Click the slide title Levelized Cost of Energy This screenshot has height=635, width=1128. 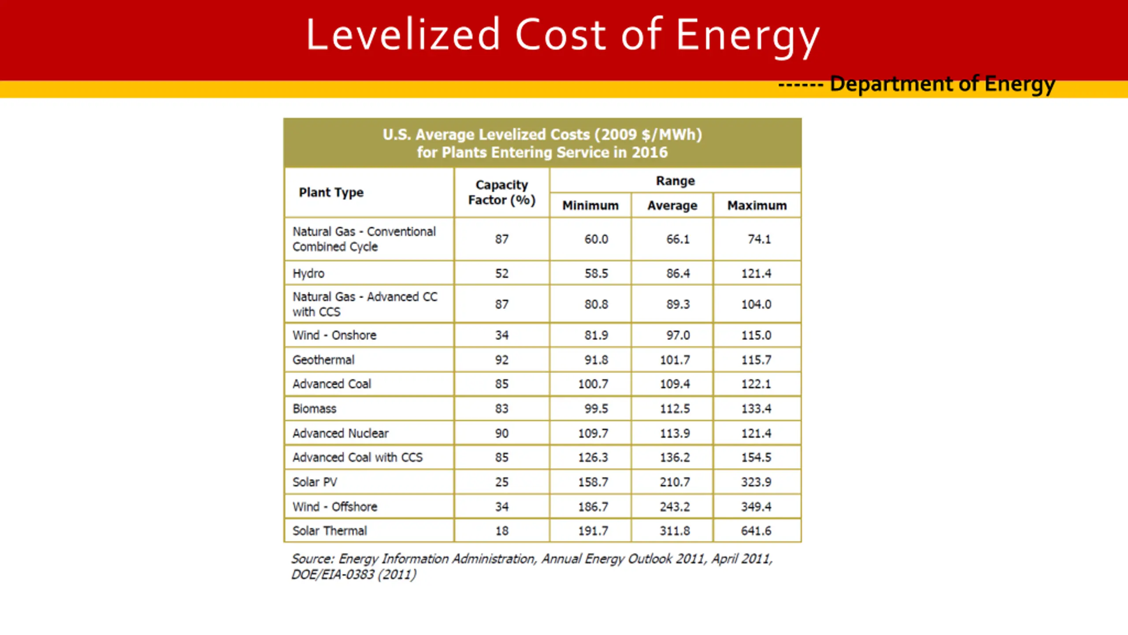[563, 35]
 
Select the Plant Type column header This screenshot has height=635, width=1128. [331, 192]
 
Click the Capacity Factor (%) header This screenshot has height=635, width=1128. [501, 192]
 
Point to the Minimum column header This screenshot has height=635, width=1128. [590, 205]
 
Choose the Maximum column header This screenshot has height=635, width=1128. [757, 205]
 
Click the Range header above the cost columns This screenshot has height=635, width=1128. [675, 181]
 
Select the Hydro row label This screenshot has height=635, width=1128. [308, 273]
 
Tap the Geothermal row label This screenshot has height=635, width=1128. [323, 360]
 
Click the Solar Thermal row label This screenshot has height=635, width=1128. [330, 530]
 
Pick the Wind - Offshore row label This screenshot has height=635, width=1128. [335, 507]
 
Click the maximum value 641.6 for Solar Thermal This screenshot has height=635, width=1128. [756, 530]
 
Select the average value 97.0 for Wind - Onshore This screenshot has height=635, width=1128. [678, 335]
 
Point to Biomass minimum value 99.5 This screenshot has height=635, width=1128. [596, 409]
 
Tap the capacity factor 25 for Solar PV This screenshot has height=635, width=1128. [501, 482]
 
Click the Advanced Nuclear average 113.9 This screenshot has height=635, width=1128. [675, 433]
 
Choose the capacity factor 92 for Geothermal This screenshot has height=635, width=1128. [501, 360]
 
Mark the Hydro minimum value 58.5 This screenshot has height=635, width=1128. [596, 273]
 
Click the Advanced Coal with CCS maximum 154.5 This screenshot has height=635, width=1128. [756, 457]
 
